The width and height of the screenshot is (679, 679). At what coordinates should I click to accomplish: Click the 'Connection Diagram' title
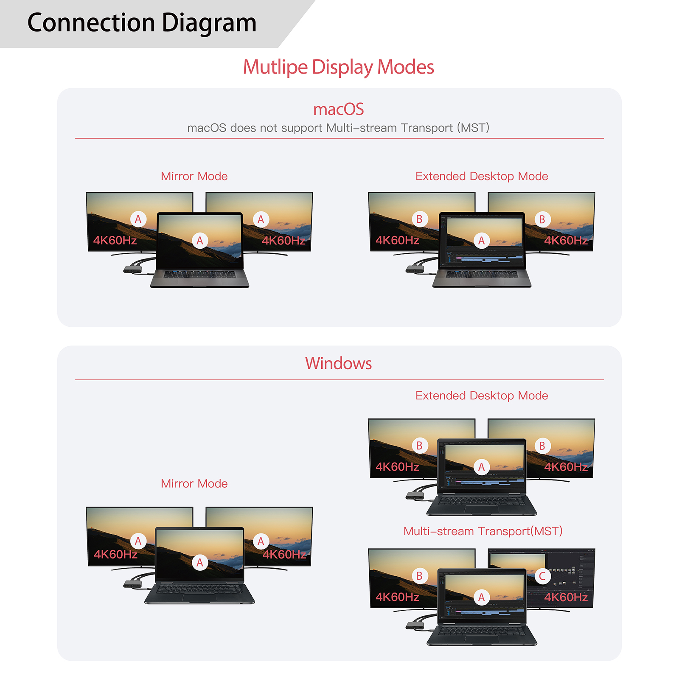[142, 23]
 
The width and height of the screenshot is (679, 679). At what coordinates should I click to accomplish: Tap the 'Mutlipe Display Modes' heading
[339, 67]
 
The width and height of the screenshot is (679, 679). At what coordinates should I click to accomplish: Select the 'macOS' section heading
[339, 109]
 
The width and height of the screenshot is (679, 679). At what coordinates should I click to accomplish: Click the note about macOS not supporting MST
[339, 128]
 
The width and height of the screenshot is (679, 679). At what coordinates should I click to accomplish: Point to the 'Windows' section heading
[339, 363]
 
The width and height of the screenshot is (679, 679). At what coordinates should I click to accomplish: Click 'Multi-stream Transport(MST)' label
[483, 531]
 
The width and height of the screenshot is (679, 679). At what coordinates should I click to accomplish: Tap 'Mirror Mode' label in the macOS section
[194, 176]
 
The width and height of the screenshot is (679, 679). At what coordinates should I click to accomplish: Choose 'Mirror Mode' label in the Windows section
[194, 483]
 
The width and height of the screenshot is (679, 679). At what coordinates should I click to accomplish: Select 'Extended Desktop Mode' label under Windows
[482, 396]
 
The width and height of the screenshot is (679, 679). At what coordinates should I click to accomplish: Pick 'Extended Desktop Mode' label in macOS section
[482, 176]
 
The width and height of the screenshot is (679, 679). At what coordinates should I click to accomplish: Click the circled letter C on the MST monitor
[542, 576]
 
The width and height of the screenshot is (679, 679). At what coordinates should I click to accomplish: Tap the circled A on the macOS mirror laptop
[200, 241]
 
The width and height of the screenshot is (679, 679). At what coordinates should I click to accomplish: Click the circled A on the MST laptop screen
[481, 598]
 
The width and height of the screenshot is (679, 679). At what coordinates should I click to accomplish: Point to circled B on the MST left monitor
[419, 576]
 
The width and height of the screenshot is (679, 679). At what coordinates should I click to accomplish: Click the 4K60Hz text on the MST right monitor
[566, 598]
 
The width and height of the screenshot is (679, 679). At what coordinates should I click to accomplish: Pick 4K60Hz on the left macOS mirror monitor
[115, 241]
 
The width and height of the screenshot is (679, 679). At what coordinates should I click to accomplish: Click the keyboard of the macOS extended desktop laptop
[482, 275]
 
